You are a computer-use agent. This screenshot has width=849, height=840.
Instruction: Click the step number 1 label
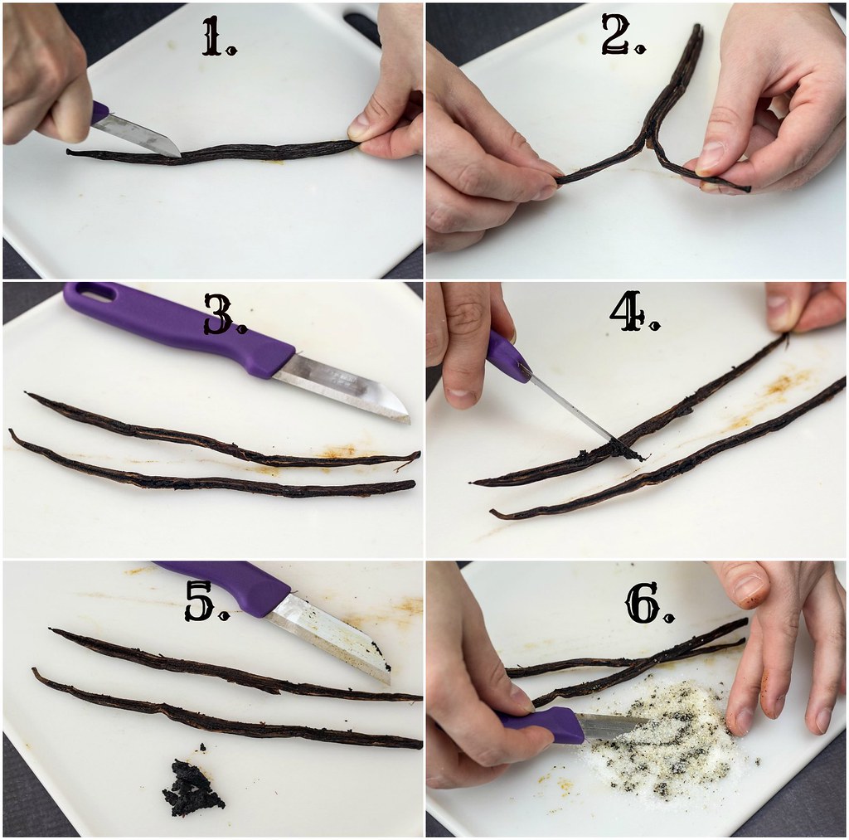point(219,36)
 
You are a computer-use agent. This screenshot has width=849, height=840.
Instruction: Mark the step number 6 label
point(650,603)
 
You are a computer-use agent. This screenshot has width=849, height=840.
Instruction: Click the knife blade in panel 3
point(341,386)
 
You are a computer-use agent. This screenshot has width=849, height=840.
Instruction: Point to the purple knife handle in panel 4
point(508,358)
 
